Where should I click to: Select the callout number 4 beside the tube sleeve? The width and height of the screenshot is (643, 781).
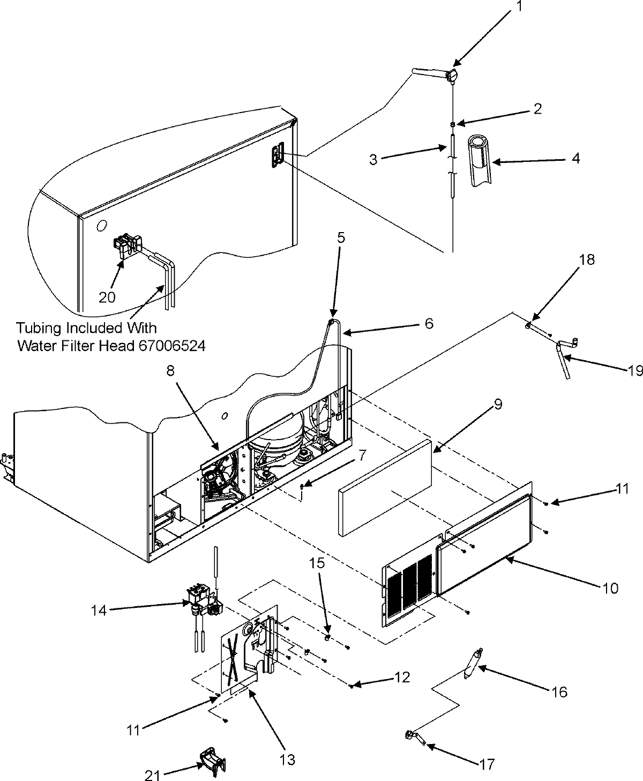pyautogui.click(x=575, y=159)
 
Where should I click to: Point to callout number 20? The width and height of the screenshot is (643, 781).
pyautogui.click(x=107, y=296)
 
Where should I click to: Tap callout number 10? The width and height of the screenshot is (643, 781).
pyautogui.click(x=610, y=587)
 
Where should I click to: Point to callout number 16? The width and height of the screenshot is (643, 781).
pyautogui.click(x=558, y=692)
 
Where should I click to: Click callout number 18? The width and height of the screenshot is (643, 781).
pyautogui.click(x=587, y=260)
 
